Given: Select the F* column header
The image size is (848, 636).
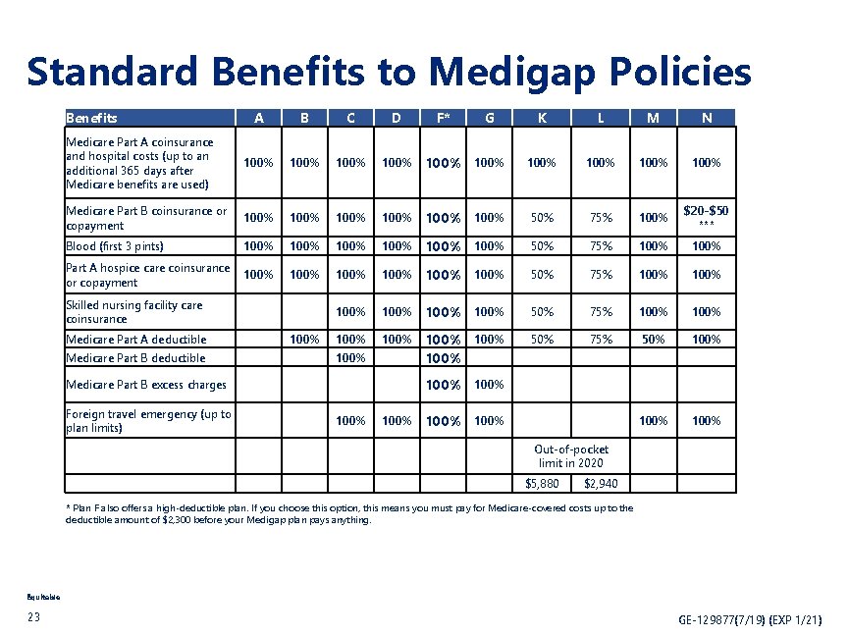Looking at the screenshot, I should pyautogui.click(x=443, y=119).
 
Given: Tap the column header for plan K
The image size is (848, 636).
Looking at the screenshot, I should pyautogui.click(x=541, y=119).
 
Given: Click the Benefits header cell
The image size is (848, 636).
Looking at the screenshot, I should pyautogui.click(x=91, y=118).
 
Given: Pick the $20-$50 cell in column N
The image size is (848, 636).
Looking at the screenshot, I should pyautogui.click(x=706, y=216).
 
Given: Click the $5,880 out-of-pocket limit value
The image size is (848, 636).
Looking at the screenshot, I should pyautogui.click(x=542, y=484).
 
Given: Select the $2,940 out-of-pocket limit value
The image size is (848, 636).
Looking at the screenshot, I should pyautogui.click(x=600, y=484).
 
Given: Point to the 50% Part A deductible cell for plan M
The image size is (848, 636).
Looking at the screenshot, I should pyautogui.click(x=653, y=340).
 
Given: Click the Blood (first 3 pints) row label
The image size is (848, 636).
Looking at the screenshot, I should pyautogui.click(x=114, y=246).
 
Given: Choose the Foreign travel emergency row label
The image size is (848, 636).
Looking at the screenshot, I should pyautogui.click(x=148, y=420).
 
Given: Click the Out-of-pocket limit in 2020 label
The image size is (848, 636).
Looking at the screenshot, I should pyautogui.click(x=570, y=456).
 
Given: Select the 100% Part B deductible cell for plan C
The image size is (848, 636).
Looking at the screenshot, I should pyautogui.click(x=350, y=358).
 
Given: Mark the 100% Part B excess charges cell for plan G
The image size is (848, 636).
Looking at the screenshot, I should pyautogui.click(x=488, y=385).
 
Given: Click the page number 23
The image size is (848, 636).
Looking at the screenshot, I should pyautogui.click(x=33, y=617).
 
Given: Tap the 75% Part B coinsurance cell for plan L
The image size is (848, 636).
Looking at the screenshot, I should pyautogui.click(x=600, y=217).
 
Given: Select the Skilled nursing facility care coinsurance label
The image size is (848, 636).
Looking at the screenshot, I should pyautogui.click(x=133, y=312).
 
